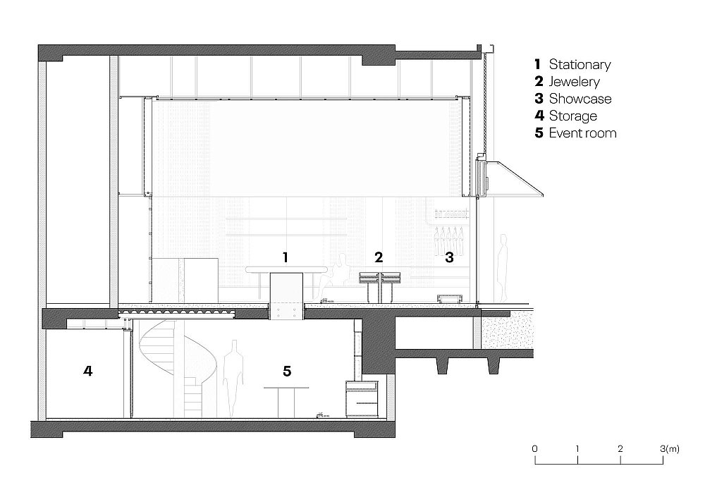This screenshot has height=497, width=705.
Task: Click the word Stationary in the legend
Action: pyautogui.click(x=580, y=65)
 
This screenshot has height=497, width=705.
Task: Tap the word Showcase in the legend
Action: pyautogui.click(x=580, y=99)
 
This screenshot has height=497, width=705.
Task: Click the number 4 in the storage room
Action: pyautogui.click(x=87, y=371)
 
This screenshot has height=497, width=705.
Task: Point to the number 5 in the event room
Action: pyautogui.click(x=287, y=371)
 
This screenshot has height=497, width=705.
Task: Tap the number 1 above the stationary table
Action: pyautogui.click(x=285, y=257)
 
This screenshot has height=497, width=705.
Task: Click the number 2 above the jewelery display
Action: pyautogui.click(x=379, y=257)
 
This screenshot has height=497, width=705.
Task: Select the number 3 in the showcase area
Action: pyautogui.click(x=449, y=257)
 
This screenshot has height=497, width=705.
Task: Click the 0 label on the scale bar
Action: pyautogui.click(x=534, y=448)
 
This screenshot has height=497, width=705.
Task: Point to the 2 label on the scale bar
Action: pyautogui.click(x=620, y=448)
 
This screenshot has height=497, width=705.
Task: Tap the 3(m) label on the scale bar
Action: pyautogui.click(x=670, y=448)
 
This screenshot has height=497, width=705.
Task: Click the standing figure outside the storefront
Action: pyautogui.click(x=503, y=268)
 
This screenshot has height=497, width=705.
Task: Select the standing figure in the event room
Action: pyautogui.click(x=233, y=379)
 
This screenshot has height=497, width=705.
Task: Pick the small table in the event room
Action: pyautogui.click(x=286, y=402)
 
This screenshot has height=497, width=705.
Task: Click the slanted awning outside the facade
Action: pyautogui.click(x=517, y=179)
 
